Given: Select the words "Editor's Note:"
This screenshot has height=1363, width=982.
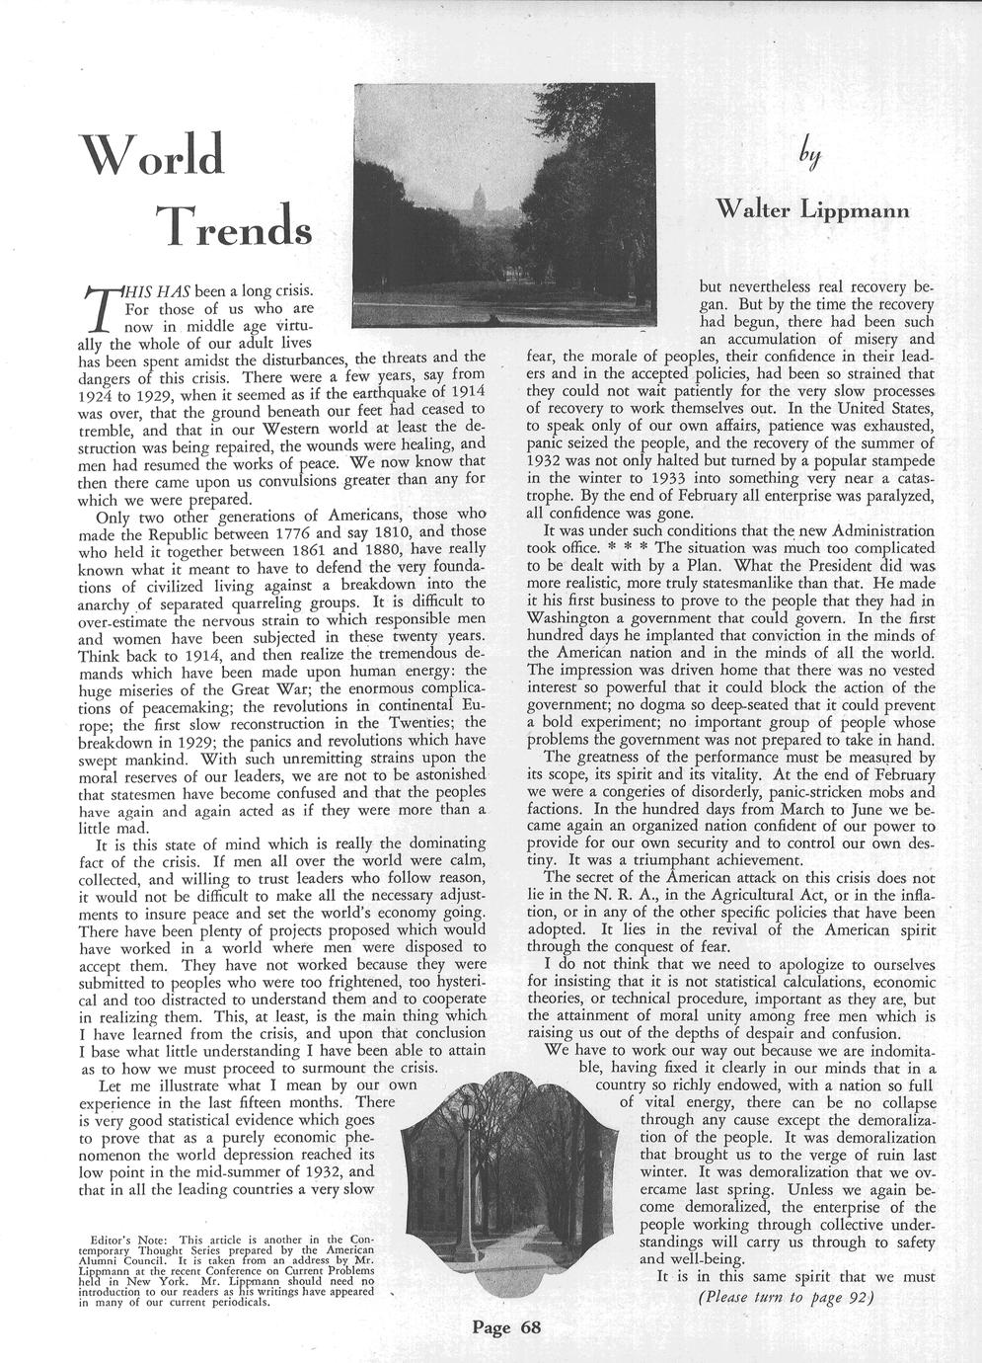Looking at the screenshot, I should (x=124, y=1239).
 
